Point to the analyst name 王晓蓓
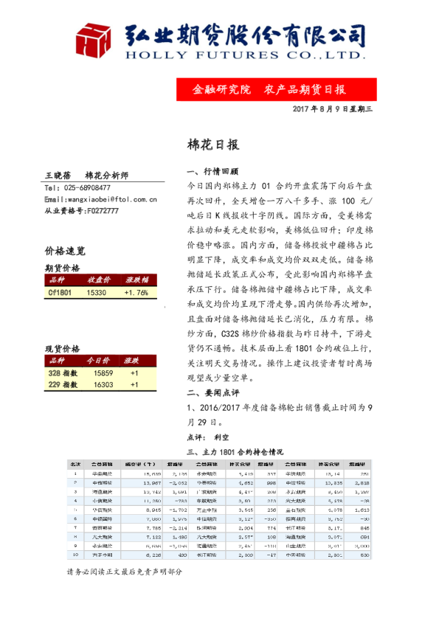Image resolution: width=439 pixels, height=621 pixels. pyautogui.click(x=58, y=176)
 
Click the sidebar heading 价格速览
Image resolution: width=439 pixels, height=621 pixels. pyautogui.click(x=65, y=251)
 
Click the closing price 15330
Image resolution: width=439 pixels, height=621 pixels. pyautogui.click(x=97, y=292)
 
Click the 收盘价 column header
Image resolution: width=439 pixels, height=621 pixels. pyautogui.click(x=99, y=280)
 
